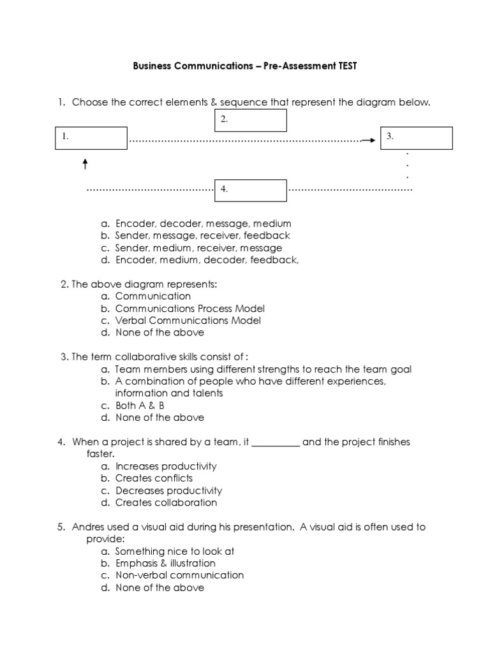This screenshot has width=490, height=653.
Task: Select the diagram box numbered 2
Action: tap(249, 120)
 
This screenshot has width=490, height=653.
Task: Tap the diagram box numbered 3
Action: tap(416, 138)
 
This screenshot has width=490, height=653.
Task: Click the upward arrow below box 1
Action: tap(85, 164)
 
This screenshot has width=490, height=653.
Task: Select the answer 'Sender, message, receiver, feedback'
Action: tap(203, 236)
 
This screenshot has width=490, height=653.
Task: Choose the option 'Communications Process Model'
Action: tap(190, 309)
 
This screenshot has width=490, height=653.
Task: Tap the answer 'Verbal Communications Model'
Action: tap(188, 321)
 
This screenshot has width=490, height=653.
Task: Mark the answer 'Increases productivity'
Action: tap(166, 466)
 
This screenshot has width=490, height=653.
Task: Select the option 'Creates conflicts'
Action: tap(154, 478)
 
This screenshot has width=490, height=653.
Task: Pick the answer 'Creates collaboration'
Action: tap(166, 503)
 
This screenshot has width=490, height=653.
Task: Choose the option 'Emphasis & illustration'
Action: tap(165, 563)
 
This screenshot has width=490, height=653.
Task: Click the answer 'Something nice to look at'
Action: tap(170, 551)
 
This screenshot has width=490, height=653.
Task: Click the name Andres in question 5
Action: tap(89, 527)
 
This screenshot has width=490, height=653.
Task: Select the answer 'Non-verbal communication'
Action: tap(179, 575)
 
